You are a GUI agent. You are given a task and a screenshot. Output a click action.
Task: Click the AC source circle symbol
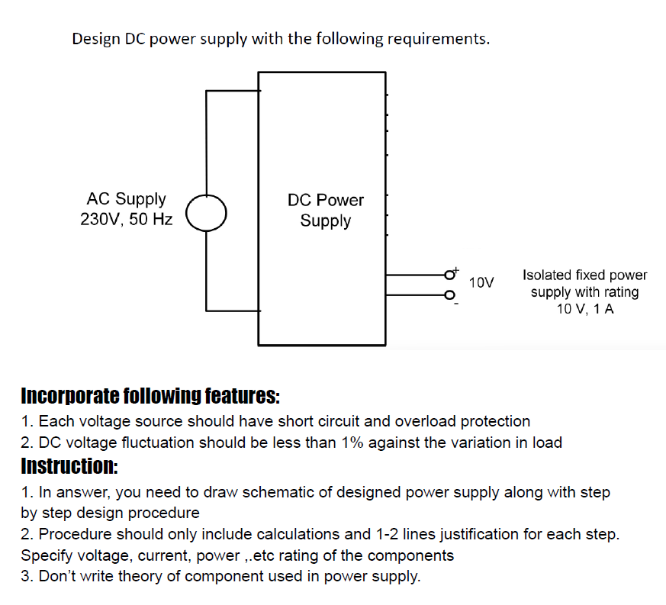click(x=207, y=211)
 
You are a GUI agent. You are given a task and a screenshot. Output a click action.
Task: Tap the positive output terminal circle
click(x=450, y=274)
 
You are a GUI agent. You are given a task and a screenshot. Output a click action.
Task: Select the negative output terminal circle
click(x=450, y=294)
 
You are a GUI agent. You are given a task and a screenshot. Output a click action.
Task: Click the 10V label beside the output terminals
click(x=481, y=283)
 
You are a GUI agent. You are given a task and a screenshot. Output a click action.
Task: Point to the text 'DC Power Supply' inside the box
click(x=326, y=211)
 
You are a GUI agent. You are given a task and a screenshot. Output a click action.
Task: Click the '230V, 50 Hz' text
click(x=127, y=220)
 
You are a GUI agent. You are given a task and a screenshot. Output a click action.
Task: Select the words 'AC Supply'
click(x=127, y=199)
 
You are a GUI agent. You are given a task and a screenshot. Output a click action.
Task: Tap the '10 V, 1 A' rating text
click(x=584, y=309)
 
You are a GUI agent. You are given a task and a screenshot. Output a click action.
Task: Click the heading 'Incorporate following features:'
click(x=150, y=397)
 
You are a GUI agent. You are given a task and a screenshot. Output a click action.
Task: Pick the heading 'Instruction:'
click(x=69, y=465)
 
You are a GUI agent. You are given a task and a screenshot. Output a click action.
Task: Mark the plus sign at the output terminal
click(x=457, y=269)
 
